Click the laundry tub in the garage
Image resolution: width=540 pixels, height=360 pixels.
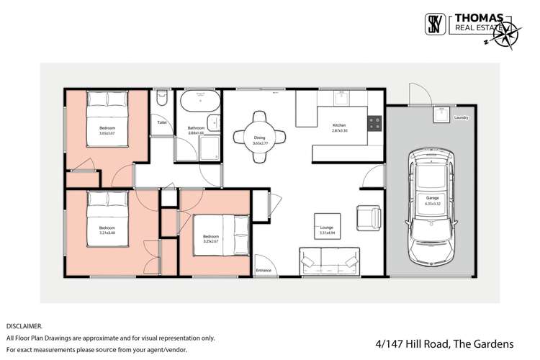pyautogui.click(x=439, y=114)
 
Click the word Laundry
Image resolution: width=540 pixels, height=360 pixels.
pyautogui.click(x=462, y=117)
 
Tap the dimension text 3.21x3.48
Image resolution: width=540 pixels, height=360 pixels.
pyautogui.click(x=107, y=232)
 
